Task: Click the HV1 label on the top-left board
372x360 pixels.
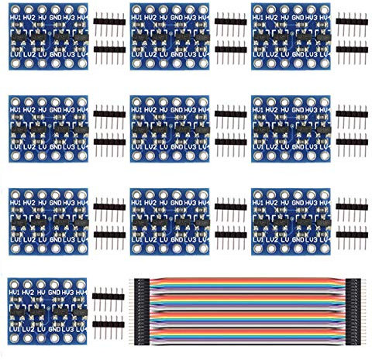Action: click(15, 17)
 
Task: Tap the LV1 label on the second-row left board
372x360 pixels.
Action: click(15, 146)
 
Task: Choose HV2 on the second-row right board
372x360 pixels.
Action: click(270, 111)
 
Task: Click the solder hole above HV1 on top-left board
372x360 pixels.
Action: click(15, 7)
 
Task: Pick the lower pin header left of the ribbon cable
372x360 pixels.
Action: click(109, 326)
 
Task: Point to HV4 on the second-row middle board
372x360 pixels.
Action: click(205, 111)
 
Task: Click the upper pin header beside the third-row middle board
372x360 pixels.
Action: click(230, 207)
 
